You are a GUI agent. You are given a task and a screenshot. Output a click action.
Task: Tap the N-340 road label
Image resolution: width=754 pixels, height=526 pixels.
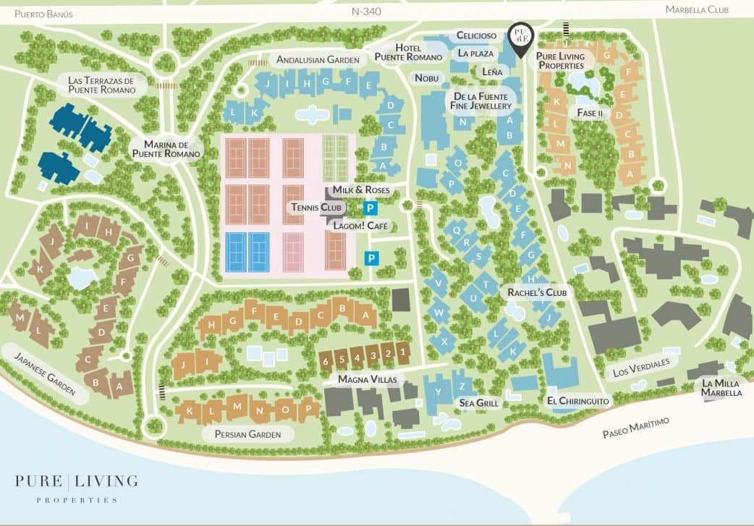pyautogui.click(x=365, y=12)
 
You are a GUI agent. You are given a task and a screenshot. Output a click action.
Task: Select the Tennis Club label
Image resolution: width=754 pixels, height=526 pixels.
pyautogui.click(x=315, y=208)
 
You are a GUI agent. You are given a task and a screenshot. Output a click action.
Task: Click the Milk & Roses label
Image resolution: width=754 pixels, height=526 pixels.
pyautogui.click(x=361, y=190)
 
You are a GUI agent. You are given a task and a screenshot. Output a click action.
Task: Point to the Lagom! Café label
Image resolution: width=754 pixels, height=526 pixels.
pyautogui.click(x=360, y=226)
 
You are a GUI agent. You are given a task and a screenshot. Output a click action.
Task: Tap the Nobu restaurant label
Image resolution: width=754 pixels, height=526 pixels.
pyautogui.click(x=427, y=77)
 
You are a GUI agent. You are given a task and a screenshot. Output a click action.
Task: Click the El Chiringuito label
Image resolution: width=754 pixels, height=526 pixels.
pyautogui.click(x=579, y=400)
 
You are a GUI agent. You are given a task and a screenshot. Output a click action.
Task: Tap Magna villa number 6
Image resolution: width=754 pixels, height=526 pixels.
pyautogui.click(x=326, y=360)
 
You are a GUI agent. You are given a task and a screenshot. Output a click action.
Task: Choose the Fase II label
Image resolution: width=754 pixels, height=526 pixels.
pyautogui.click(x=590, y=113)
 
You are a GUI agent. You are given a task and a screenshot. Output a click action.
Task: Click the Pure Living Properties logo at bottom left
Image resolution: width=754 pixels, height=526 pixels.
pyautogui.click(x=76, y=488)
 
